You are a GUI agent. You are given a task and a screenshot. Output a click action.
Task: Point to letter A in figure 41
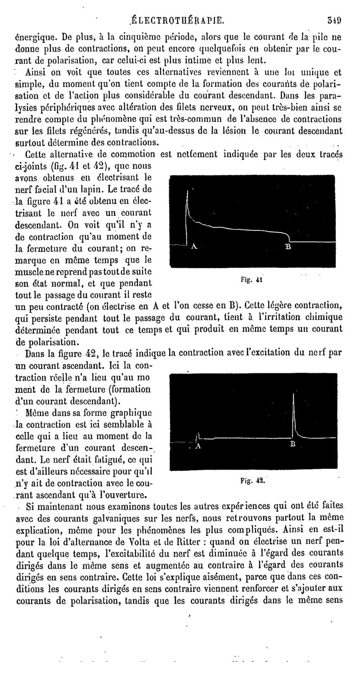194,247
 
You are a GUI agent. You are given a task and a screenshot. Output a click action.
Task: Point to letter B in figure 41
288,247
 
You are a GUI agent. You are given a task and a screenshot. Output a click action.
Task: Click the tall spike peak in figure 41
187,192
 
